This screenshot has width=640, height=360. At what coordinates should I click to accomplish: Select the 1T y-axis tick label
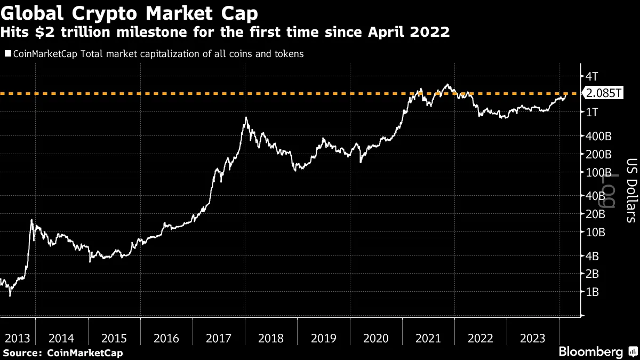[592, 112]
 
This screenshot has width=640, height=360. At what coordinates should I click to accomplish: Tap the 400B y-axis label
[598, 136]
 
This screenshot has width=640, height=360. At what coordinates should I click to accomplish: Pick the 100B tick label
[598, 173]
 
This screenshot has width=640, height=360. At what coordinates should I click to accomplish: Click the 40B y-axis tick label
[595, 196]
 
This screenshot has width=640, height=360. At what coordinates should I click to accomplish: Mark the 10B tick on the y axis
[595, 233]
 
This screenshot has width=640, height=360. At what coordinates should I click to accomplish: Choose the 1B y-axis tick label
[592, 292]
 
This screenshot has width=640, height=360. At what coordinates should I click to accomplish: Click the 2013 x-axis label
[17, 338]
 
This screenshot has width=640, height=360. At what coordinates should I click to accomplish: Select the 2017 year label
[219, 338]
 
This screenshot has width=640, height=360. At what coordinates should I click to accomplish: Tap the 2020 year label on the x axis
[376, 338]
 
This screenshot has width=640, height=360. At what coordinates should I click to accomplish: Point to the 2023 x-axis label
[533, 338]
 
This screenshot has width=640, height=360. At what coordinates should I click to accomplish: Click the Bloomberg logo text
[590, 352]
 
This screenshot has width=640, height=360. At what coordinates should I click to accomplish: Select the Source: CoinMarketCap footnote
[62, 353]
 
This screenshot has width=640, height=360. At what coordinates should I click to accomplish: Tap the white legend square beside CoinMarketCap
[7, 54]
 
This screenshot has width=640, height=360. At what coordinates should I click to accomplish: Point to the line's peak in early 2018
[245, 117]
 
